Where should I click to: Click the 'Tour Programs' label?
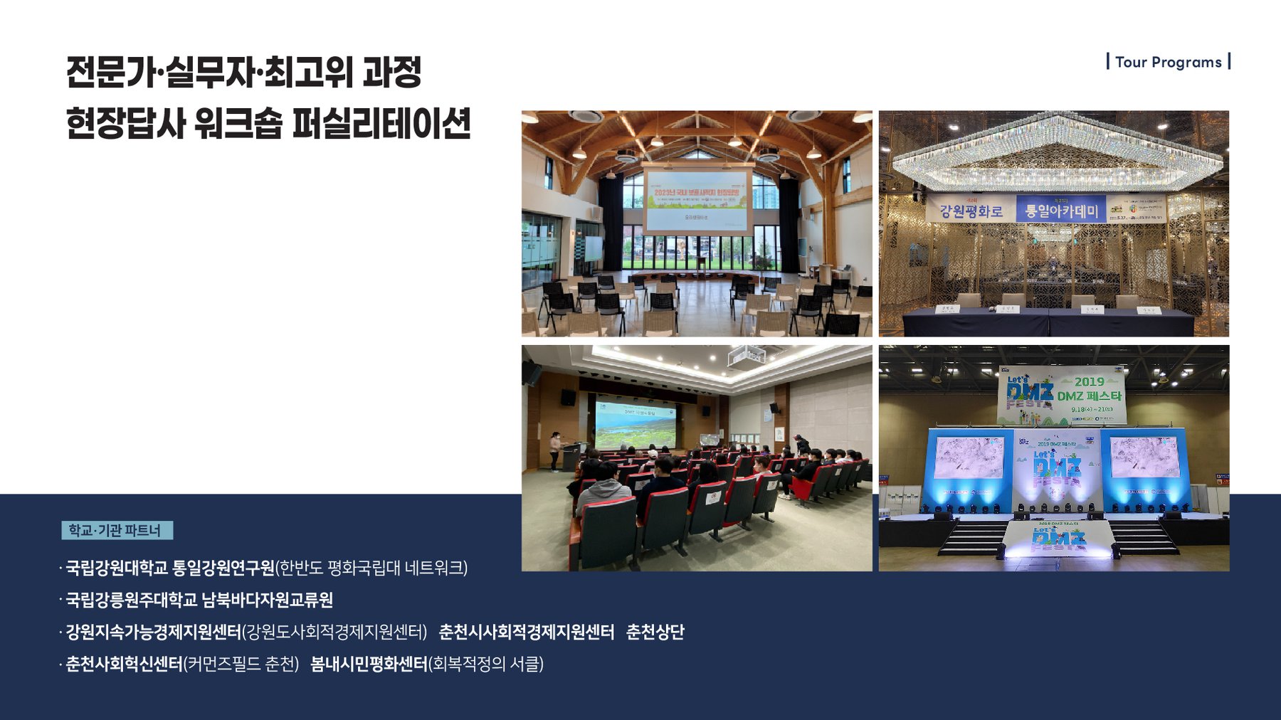[1168, 62]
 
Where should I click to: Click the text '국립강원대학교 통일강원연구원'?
[169, 568]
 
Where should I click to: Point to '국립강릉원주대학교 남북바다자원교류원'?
[199, 600]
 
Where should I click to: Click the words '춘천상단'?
[655, 632]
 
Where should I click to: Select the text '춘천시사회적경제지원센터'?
[526, 632]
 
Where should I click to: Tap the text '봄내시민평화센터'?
[369, 664]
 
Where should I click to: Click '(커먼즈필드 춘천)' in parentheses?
[241, 664]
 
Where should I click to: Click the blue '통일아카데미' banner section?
[1060, 210]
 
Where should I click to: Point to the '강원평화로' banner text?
[971, 211]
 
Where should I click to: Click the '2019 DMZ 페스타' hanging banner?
[1062, 396]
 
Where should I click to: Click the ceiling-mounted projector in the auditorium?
[746, 354]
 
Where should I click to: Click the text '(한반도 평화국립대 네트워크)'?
[371, 568]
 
